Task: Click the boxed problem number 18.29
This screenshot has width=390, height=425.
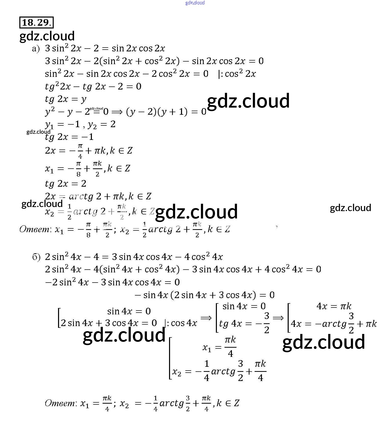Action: [36, 23]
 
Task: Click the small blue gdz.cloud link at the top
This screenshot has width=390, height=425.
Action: [195, 3]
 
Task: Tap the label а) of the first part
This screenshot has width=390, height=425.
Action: [36, 49]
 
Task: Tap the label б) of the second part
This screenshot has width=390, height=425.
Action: [36, 257]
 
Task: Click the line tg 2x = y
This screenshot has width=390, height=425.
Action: [66, 99]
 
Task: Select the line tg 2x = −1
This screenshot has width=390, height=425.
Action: [69, 137]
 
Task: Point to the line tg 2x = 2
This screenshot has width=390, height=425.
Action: [66, 184]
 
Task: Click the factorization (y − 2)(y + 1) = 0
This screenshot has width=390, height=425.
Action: [166, 112]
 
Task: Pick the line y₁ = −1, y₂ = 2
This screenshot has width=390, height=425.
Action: [80, 125]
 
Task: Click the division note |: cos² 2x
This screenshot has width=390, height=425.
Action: [237, 74]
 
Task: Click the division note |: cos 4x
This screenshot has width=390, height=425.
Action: [181, 323]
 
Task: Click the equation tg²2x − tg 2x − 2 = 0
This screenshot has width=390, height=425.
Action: [93, 86]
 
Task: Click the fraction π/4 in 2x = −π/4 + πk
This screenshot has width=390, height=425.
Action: [80, 151]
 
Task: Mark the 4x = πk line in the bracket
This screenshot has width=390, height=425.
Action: [334, 306]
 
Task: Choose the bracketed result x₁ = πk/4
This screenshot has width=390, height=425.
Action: [219, 347]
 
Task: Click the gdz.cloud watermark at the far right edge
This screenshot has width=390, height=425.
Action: [350, 208]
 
